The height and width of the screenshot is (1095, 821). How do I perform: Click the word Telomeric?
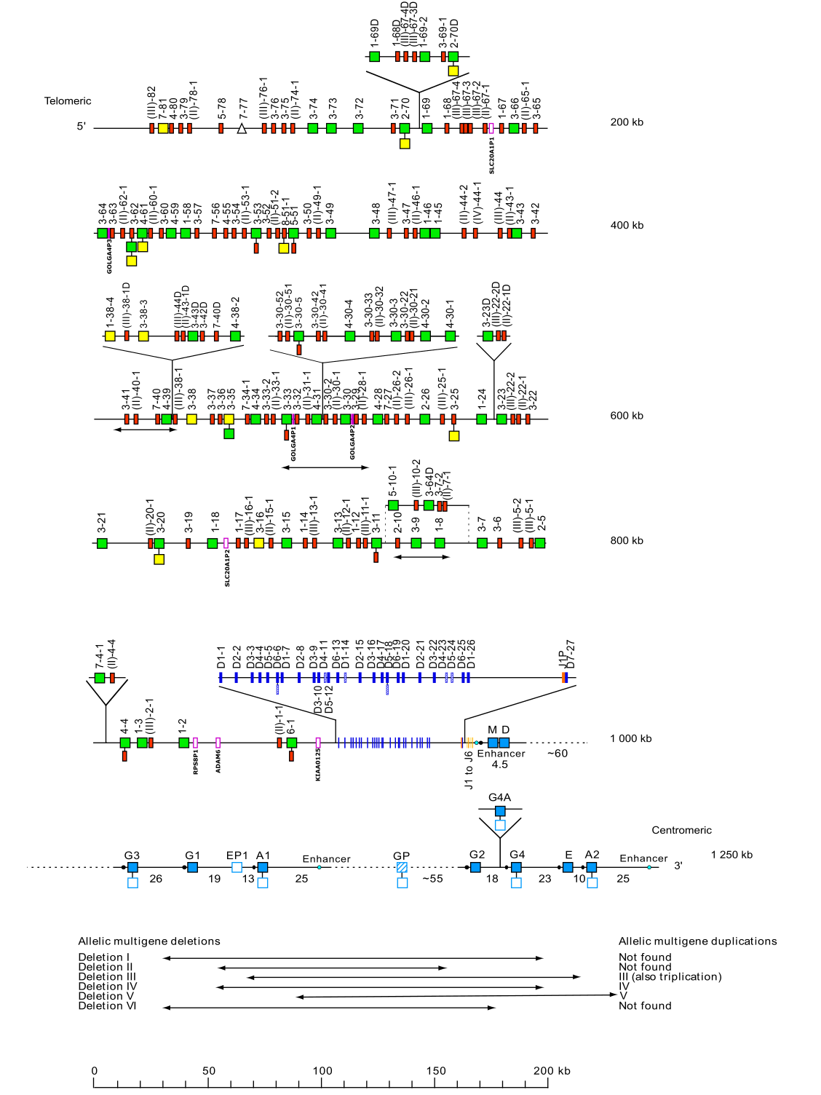[68, 101]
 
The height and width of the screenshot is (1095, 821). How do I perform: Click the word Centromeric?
[681, 830]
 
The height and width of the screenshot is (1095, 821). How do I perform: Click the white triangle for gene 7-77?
[242, 128]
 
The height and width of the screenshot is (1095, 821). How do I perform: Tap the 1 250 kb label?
[731, 855]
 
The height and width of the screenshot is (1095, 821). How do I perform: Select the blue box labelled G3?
[132, 867]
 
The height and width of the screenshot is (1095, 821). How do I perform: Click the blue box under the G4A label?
[500, 811]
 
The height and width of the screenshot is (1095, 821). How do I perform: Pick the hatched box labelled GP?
[402, 867]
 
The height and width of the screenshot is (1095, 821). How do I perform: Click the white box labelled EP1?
[237, 867]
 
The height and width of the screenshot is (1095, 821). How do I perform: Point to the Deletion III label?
[107, 977]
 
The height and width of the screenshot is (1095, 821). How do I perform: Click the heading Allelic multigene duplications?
[697, 941]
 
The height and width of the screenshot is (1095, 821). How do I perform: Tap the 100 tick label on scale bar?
[322, 1070]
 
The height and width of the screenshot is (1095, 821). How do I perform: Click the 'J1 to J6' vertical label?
[469, 770]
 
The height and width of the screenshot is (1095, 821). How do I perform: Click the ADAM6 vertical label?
[218, 761]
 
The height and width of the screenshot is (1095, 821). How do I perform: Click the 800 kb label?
[627, 540]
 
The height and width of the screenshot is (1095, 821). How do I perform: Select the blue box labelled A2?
[592, 867]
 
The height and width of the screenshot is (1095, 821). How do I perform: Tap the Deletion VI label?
[107, 1006]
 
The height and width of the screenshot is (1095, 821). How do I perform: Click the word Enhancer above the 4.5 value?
[501, 754]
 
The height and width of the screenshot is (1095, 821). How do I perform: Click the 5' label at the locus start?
[82, 127]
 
